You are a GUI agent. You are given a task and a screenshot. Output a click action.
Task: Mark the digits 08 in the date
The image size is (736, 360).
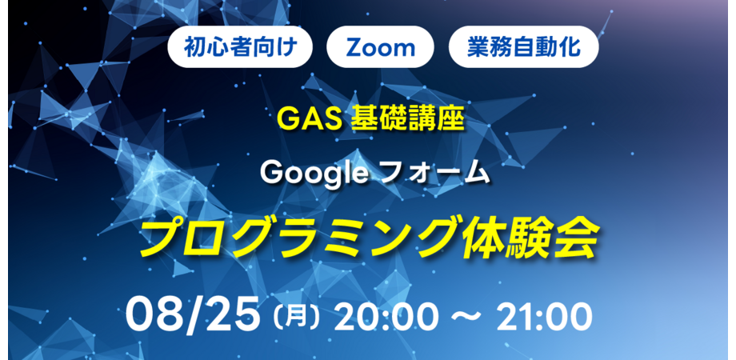coord(156,315)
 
